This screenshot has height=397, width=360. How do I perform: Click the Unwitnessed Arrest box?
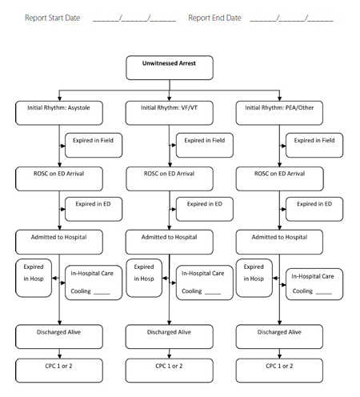tap(170, 68)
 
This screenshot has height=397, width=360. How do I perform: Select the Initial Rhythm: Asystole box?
tap(59, 113)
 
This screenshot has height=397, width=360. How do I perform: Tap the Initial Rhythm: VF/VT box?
tap(170, 113)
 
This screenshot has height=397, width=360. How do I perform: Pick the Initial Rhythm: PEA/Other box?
tap(279, 113)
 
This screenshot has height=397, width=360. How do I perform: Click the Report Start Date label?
tap(53, 18)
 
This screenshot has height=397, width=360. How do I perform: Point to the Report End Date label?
tap(214, 18)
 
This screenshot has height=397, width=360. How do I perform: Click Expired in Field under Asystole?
tap(94, 146)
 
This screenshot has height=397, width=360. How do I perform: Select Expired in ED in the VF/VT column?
tap(205, 209)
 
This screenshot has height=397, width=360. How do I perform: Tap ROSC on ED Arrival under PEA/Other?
tap(280, 179)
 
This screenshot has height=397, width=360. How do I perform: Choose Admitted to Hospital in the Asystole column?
tap(59, 242)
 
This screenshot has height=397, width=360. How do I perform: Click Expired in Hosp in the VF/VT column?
tap(144, 278)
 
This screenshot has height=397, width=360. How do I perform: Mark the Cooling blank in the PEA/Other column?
tap(324, 293)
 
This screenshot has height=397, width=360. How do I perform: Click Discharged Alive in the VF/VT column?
tap(170, 337)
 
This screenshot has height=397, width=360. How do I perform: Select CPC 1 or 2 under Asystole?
tap(59, 371)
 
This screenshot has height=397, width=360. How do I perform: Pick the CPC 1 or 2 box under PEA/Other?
tap(279, 371)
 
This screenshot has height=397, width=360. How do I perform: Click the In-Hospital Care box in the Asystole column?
tap(94, 283)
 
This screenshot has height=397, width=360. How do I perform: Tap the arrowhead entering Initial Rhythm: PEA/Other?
tap(279, 98)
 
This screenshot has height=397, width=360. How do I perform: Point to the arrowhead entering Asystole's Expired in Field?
tap(63, 146)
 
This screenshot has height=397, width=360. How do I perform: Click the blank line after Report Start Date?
tap(134, 18)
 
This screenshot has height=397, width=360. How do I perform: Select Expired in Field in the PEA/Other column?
tap(314, 146)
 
